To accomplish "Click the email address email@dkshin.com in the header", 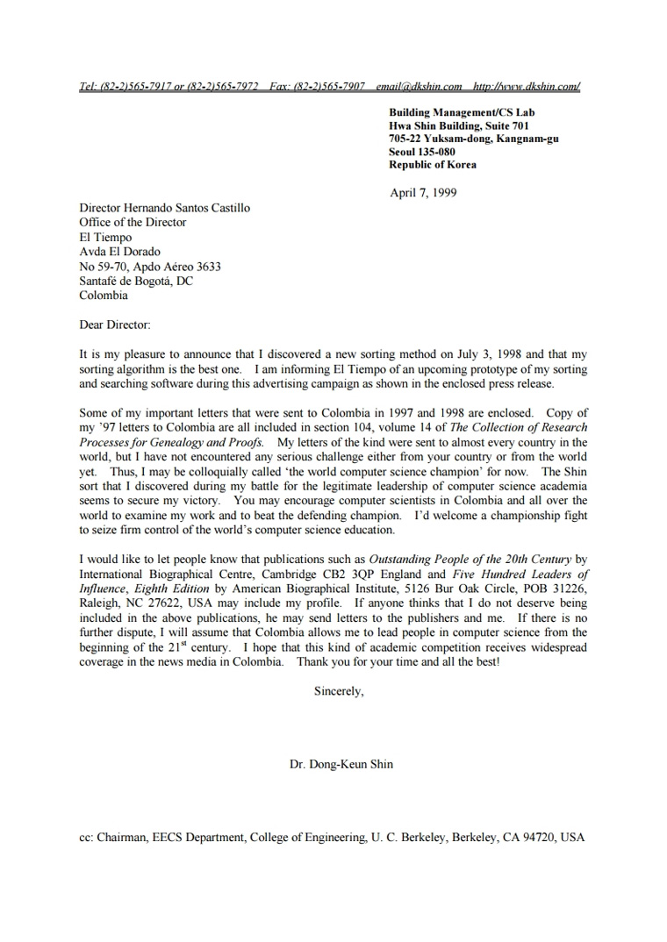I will [419, 86].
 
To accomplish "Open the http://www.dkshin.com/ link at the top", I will [526, 86].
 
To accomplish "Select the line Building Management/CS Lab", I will [462, 112].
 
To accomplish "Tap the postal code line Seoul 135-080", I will [422, 152].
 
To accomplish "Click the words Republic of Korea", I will [433, 165].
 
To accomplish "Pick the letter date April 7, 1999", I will [423, 193].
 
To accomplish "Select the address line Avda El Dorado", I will [120, 252].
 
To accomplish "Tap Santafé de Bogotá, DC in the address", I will [136, 281].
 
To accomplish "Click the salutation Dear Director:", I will [115, 325].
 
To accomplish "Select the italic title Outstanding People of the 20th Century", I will [470, 559].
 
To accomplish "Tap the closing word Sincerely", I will [338, 690].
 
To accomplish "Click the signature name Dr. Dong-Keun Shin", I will [341, 764].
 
